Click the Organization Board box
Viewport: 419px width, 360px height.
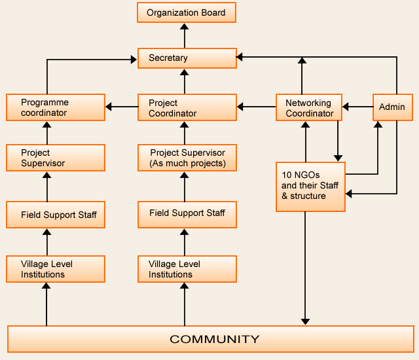(x=187, y=12)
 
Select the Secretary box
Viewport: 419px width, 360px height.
(x=187, y=58)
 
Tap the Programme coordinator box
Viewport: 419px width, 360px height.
(x=56, y=107)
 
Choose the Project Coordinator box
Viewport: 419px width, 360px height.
(x=187, y=107)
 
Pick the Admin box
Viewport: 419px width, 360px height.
(x=393, y=107)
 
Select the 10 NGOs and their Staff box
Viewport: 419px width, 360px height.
(x=310, y=187)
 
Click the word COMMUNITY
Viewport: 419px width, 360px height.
(x=215, y=339)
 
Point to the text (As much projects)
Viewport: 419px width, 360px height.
(x=187, y=163)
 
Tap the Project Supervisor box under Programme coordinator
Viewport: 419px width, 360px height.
(x=56, y=158)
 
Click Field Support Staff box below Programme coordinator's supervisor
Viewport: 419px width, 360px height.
(x=56, y=215)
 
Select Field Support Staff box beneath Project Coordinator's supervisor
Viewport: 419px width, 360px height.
(x=187, y=213)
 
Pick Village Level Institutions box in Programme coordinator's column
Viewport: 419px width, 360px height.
(x=56, y=269)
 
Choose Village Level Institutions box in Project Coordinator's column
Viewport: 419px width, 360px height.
(x=187, y=269)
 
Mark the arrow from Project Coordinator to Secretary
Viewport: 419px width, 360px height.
(x=185, y=81)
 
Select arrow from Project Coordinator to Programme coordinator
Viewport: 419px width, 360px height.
(x=122, y=107)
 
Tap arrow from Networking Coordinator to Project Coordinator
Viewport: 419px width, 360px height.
(x=256, y=105)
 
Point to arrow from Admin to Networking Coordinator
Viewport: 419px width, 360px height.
(x=358, y=105)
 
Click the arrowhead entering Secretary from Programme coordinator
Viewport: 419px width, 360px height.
(x=134, y=60)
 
